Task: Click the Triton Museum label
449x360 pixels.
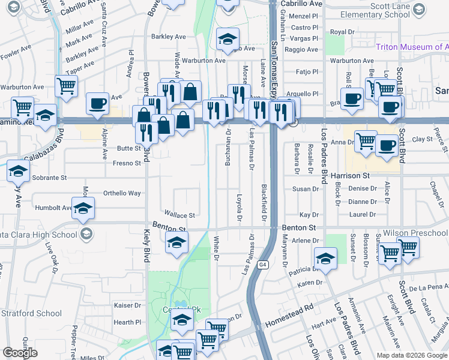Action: pos(412,47)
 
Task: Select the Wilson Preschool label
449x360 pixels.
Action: pos(417,233)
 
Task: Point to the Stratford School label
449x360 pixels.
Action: pos(31,313)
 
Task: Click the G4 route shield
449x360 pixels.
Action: pos(262,264)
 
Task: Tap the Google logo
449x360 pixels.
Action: pos(20,352)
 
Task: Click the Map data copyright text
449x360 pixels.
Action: pos(412,355)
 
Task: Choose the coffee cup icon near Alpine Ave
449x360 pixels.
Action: pos(97,103)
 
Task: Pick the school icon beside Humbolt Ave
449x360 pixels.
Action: pos(83,208)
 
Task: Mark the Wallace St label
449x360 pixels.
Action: pos(180,215)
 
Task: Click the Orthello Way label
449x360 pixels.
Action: pos(122,193)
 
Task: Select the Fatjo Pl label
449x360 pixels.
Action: pos(307,72)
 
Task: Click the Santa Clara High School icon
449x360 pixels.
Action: pos(86,233)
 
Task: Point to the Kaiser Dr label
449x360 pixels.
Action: pos(127,305)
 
